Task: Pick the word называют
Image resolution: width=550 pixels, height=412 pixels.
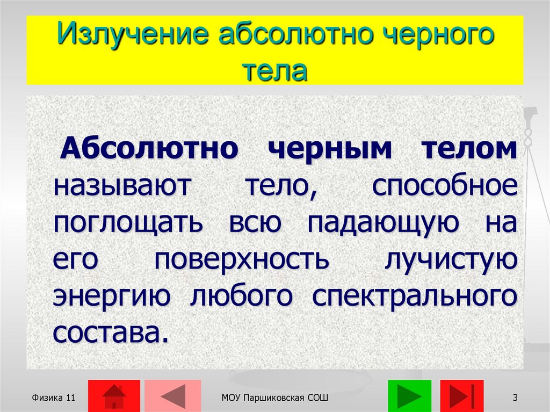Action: click(122, 186)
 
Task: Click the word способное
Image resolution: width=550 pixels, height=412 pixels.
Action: click(445, 186)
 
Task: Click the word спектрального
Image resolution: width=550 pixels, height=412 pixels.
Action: click(415, 296)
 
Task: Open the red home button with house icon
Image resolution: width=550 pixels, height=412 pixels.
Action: click(113, 396)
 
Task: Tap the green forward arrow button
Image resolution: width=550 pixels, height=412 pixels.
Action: click(409, 396)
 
